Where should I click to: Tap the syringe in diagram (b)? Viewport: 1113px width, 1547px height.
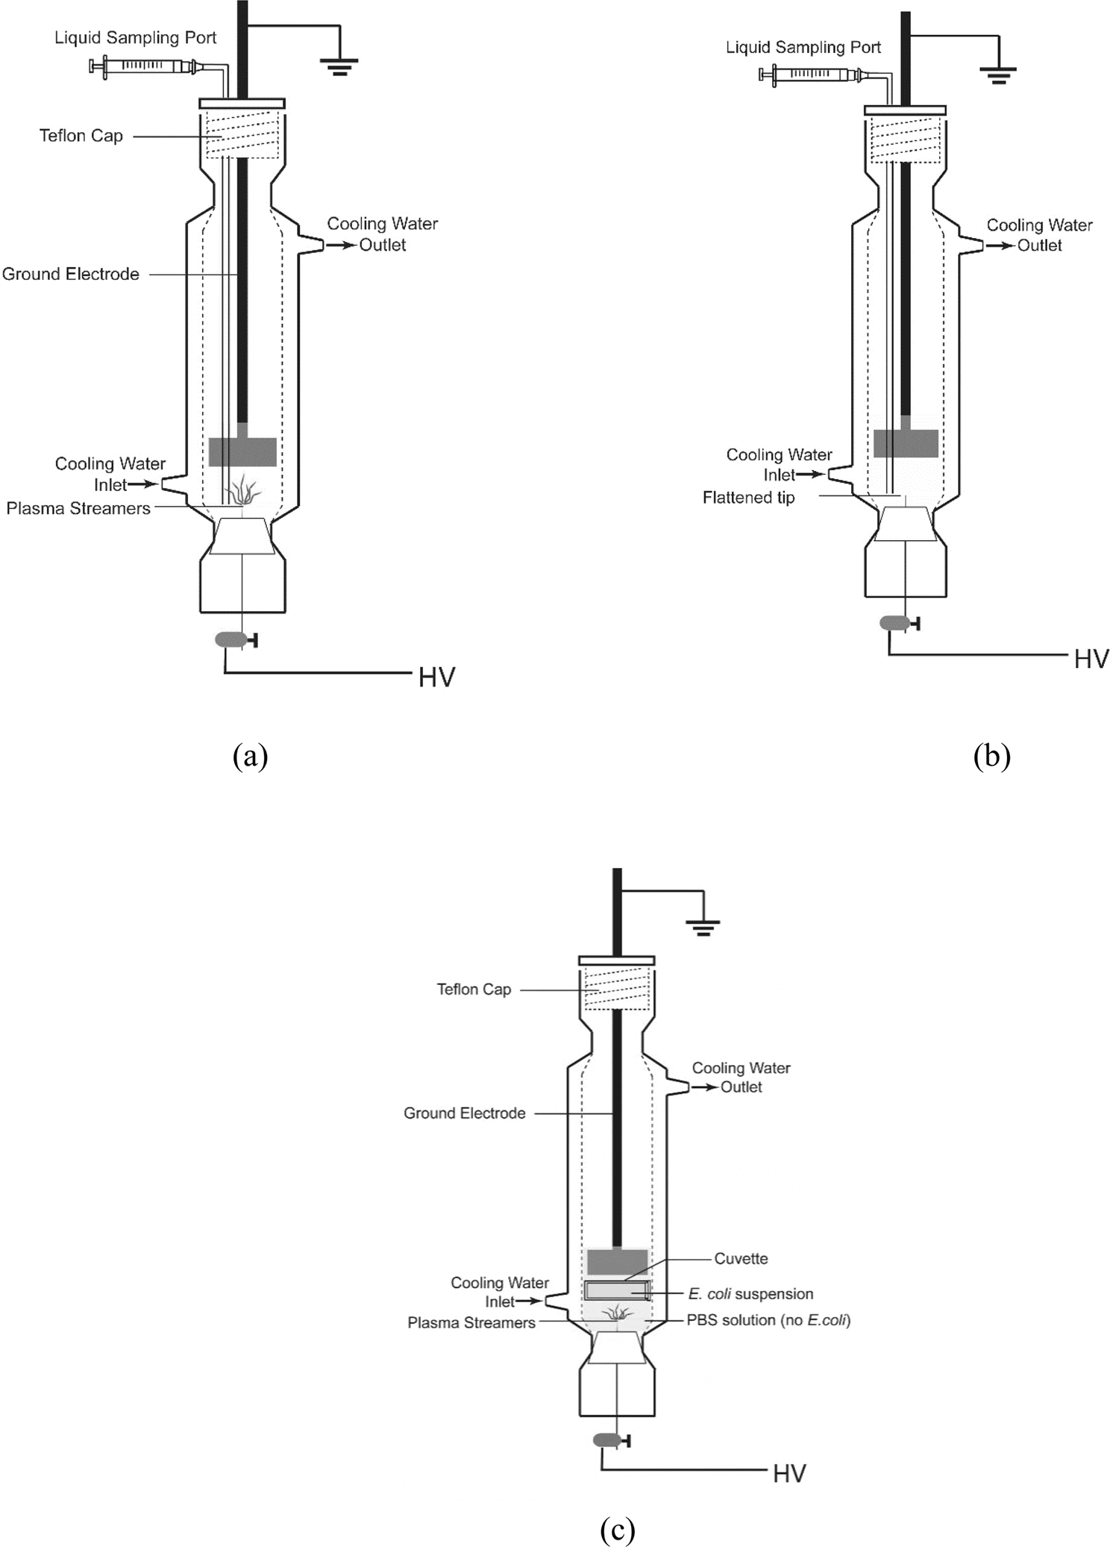[811, 74]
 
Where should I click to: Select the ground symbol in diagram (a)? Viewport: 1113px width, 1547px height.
[339, 67]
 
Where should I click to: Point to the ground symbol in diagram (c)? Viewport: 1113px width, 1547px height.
[703, 928]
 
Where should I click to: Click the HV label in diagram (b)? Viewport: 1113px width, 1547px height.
[1091, 659]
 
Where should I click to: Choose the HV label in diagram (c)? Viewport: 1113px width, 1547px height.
[789, 1474]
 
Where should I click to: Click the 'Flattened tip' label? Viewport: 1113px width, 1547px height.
[748, 498]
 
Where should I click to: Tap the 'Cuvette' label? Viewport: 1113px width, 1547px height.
[741, 1259]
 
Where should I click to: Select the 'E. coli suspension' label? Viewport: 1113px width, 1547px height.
[750, 1294]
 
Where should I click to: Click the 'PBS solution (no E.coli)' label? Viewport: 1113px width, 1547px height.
[768, 1320]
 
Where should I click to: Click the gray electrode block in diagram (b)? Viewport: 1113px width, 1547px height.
[906, 443]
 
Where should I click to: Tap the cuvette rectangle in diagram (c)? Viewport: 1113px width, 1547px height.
[617, 1290]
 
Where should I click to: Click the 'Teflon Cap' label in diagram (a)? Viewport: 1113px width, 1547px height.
[81, 136]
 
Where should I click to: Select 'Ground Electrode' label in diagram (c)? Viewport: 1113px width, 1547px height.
[464, 1113]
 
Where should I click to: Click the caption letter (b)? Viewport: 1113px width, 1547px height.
[991, 756]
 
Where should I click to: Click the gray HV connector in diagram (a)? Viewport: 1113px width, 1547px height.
[231, 640]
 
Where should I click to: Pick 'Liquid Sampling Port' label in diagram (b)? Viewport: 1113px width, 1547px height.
[803, 48]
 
